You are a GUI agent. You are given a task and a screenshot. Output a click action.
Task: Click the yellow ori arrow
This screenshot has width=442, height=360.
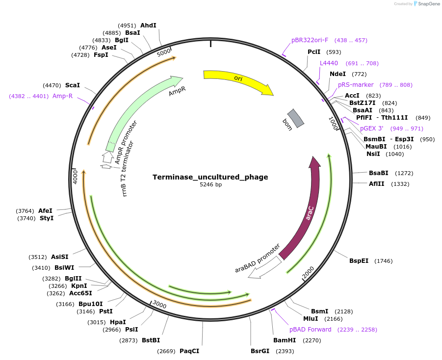click(238, 80)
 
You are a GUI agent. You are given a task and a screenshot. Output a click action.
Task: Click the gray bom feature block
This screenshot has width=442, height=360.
click(296, 118)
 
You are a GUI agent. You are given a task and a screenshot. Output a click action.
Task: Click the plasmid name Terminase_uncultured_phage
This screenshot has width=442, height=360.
click(210, 177)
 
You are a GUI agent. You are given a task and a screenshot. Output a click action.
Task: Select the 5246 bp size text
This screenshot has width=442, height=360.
click(210, 185)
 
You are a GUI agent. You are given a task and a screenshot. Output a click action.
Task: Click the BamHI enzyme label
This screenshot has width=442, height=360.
click(285, 340)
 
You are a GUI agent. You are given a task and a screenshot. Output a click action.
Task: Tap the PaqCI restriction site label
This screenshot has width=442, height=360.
click(189, 351)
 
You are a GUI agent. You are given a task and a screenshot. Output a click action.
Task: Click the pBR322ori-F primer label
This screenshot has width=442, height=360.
click(310, 40)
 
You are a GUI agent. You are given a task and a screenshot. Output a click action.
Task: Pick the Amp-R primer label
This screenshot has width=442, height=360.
click(62, 96)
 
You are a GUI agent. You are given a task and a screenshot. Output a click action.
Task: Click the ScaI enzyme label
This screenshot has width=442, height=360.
click(73, 85)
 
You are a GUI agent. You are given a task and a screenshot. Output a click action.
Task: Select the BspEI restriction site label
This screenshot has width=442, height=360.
click(359, 261)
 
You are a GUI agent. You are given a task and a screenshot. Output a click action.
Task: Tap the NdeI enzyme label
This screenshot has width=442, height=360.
click(338, 74)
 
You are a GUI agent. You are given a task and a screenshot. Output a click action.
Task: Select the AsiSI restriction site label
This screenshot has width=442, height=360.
click(60, 257)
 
